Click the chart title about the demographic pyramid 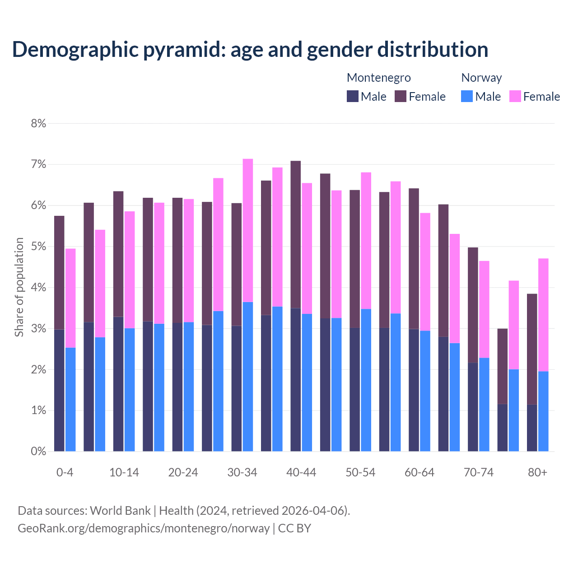(250, 49)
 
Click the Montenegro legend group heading (378, 78)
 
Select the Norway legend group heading (481, 78)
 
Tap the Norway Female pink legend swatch (515, 96)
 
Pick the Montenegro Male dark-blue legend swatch (353, 96)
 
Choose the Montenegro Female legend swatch (401, 96)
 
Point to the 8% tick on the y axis (38, 123)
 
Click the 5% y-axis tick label (38, 247)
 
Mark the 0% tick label (38, 451)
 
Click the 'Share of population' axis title (19, 287)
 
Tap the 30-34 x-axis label (242, 472)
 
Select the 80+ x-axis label (537, 472)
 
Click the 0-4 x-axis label (65, 472)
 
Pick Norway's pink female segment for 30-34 (248, 230)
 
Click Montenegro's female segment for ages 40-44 (296, 234)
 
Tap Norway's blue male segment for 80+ (543, 411)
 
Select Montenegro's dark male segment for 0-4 (59, 390)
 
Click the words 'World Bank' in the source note (120, 511)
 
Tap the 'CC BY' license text (294, 528)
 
